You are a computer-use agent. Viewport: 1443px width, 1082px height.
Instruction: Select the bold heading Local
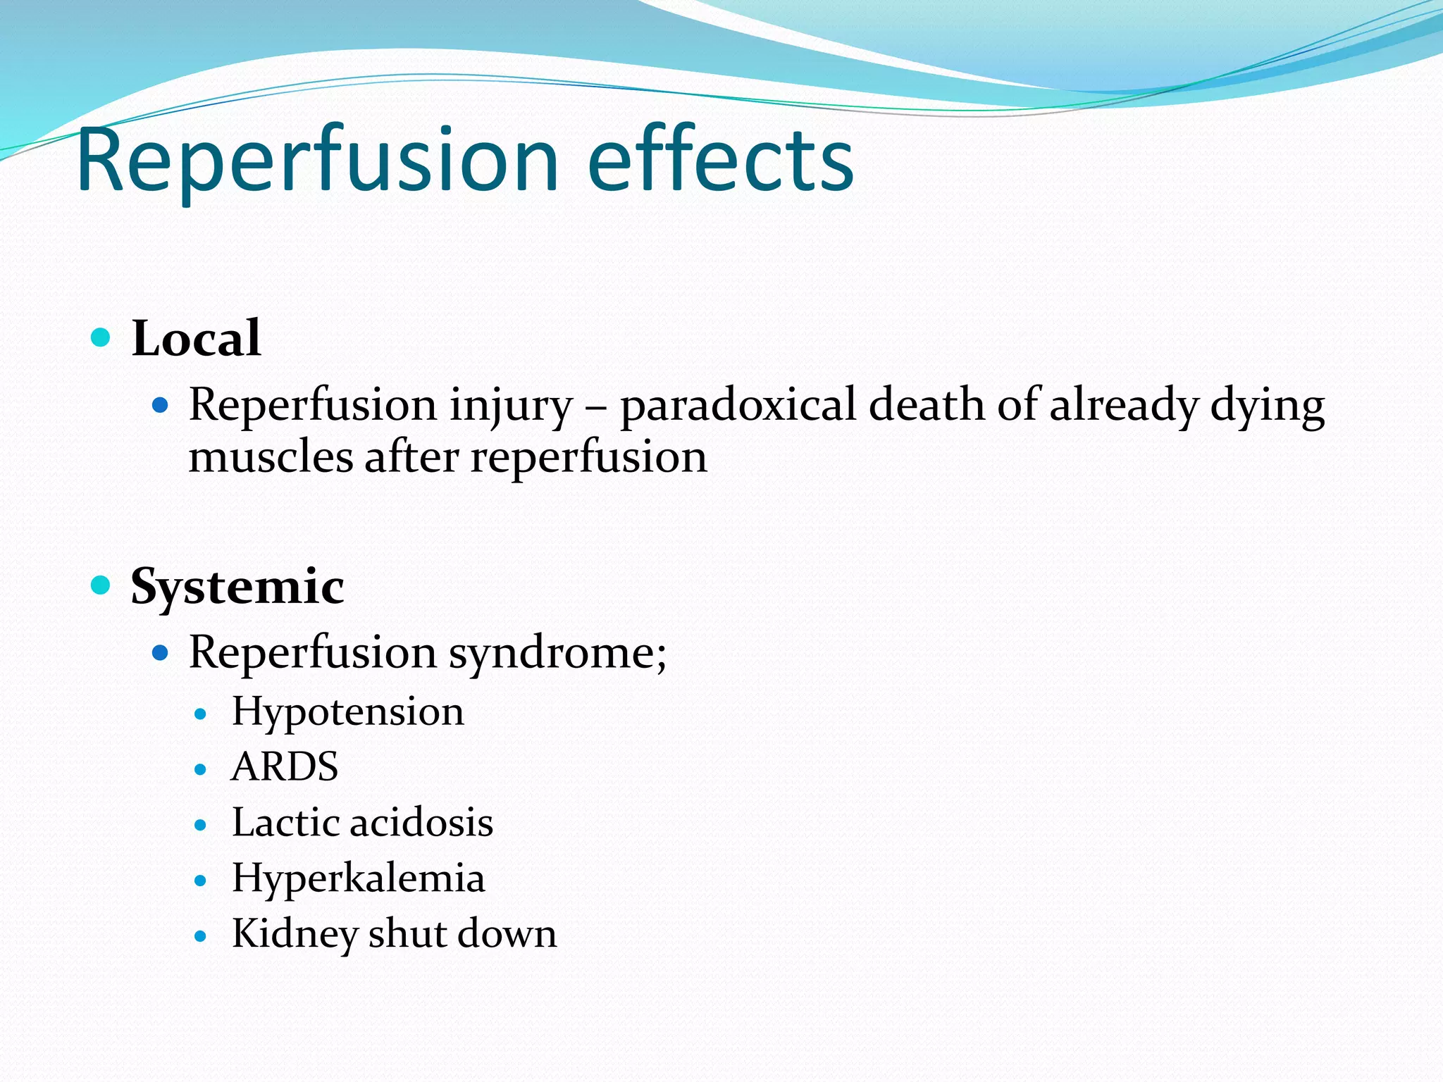(196, 339)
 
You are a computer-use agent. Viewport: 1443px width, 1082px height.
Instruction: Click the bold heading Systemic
(237, 587)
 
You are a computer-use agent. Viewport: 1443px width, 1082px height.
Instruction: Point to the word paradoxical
(738, 406)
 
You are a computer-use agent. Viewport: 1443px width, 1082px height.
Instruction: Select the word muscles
(271, 457)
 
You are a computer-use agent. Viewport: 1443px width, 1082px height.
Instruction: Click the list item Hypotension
(348, 712)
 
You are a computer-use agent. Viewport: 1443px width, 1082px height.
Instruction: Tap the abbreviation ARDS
(285, 767)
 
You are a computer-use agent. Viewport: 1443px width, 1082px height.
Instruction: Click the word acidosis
(421, 823)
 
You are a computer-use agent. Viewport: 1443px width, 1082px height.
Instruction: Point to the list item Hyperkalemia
(358, 879)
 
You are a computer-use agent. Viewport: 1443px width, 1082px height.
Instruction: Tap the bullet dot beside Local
(101, 337)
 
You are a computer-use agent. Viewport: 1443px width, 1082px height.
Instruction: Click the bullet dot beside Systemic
(101, 585)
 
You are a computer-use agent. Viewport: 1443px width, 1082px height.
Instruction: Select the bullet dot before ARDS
(201, 769)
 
